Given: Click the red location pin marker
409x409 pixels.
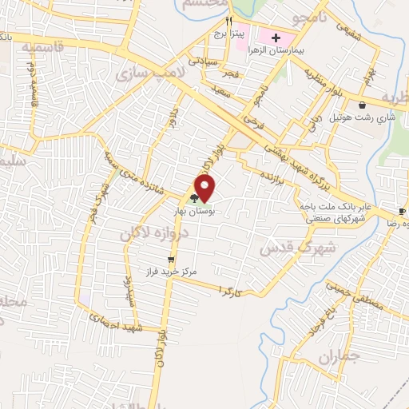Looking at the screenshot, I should (205, 188).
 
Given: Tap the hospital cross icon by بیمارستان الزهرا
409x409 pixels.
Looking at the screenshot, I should (276, 38).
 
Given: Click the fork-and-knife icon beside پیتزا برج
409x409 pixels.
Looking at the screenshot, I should (228, 22).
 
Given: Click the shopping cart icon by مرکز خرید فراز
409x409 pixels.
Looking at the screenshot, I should (170, 259).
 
